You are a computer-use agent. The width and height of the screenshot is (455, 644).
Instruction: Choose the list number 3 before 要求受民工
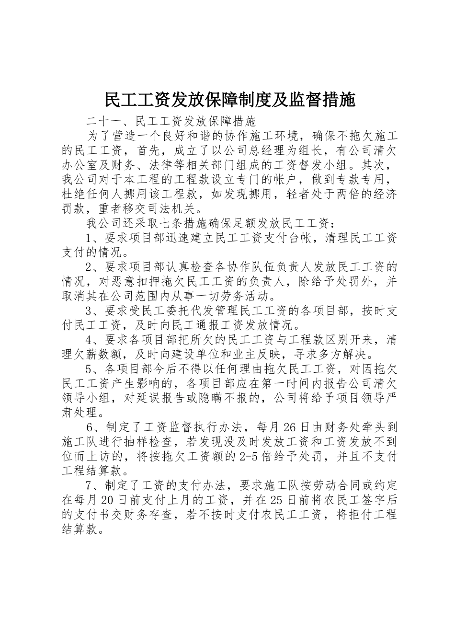(x=89, y=311)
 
